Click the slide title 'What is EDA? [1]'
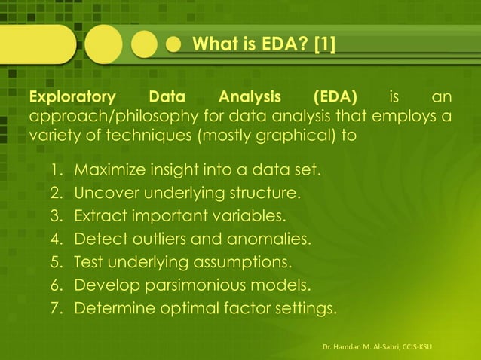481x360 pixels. [x=264, y=47]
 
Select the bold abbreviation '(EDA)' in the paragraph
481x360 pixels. [x=335, y=99]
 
